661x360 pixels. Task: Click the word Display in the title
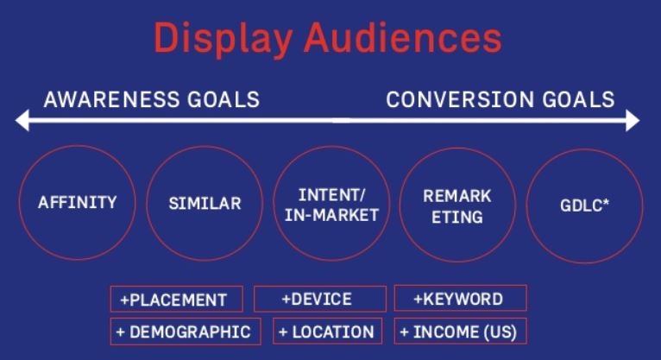[x=225, y=38]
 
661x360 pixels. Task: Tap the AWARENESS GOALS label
[x=151, y=98]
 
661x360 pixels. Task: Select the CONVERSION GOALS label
[x=500, y=98]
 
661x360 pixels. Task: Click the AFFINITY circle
[x=77, y=204]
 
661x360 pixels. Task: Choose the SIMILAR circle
[x=205, y=205]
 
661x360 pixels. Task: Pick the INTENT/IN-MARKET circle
[x=331, y=205]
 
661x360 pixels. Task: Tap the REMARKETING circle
[x=457, y=205]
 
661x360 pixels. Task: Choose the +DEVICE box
[x=317, y=299]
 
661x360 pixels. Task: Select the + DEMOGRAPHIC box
[x=186, y=331]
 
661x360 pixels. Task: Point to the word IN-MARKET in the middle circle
[x=331, y=215]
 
